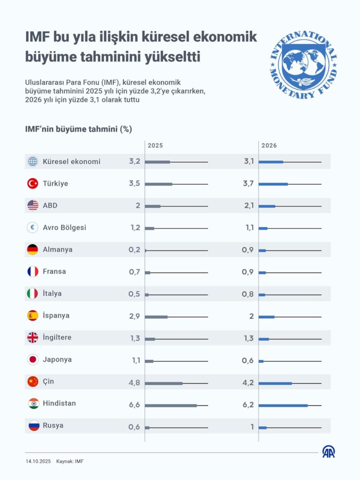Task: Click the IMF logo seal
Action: pos(303,64)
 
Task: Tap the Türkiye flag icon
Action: pos(33,184)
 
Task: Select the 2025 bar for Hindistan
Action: pos(171,405)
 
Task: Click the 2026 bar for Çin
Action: pos(275,383)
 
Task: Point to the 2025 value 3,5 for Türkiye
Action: pos(134,184)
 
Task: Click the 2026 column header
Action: pos(269,146)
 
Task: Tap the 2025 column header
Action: pos(155,146)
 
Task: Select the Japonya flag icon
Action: pos(33,359)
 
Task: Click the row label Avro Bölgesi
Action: pos(64,228)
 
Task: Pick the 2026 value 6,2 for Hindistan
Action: pos(248,405)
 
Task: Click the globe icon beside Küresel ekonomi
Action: pos(33,161)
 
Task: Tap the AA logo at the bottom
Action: pos(328,452)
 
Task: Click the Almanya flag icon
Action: pos(33,250)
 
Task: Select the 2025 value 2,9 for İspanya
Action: pos(134,316)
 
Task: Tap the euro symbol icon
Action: pos(33,228)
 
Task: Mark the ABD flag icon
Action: pos(33,206)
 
